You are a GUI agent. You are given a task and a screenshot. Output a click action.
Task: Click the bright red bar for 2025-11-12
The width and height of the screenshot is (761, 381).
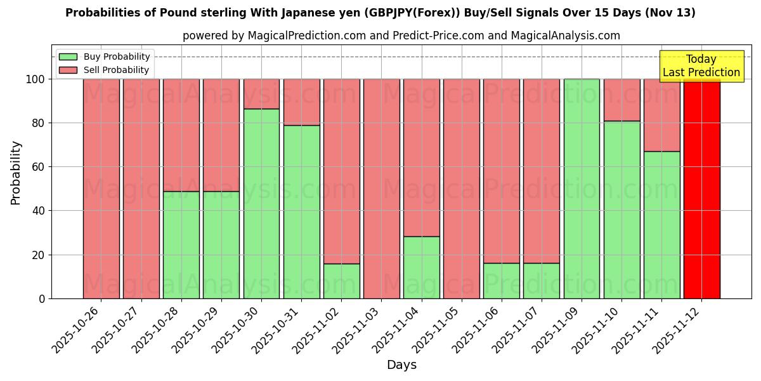(701, 189)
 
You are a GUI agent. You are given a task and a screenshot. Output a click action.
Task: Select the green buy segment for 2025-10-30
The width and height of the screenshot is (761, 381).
(261, 203)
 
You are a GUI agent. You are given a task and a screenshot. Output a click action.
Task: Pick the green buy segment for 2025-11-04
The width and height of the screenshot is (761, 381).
(421, 267)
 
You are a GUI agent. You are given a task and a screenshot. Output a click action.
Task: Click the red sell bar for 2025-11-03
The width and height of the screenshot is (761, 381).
(381, 189)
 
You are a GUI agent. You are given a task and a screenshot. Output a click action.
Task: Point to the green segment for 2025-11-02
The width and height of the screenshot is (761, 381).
(341, 281)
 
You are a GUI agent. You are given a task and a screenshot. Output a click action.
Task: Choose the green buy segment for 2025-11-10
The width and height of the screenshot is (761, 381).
(621, 210)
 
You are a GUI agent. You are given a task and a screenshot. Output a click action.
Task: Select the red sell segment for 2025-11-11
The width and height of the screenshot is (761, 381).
(661, 115)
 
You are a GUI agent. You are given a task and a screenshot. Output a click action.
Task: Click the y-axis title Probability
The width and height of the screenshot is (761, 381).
(16, 172)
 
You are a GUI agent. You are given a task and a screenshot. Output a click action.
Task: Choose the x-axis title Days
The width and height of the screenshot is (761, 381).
(401, 365)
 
